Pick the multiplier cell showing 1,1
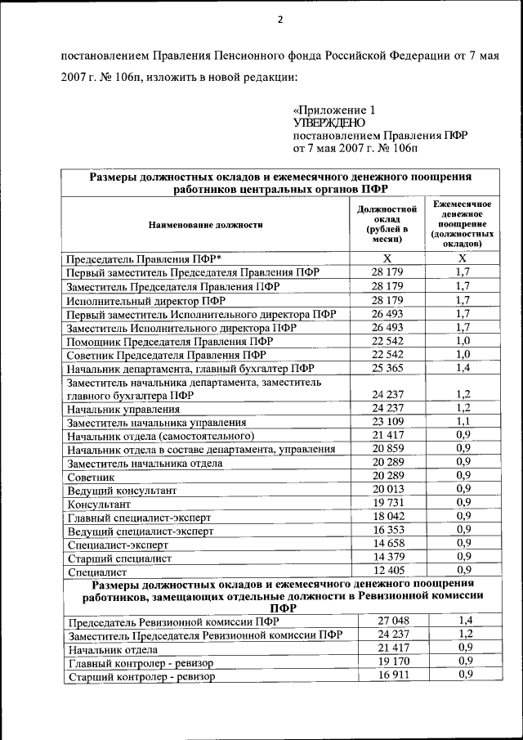click(x=463, y=422)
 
